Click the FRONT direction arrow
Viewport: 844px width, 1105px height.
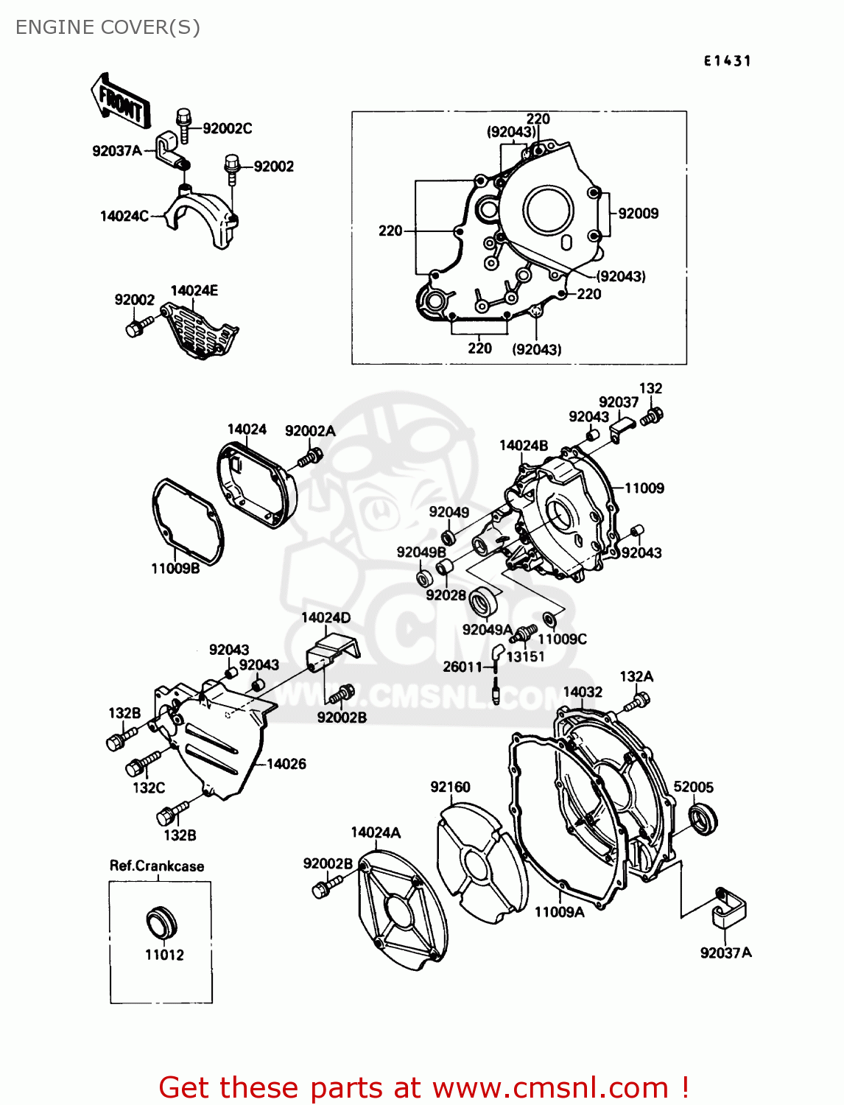tap(121, 102)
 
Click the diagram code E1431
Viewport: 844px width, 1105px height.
tap(727, 61)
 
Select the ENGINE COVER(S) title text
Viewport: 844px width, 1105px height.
tap(108, 27)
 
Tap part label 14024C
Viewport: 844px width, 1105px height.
tap(124, 216)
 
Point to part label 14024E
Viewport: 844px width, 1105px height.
tap(194, 290)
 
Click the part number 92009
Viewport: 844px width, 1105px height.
tap(638, 214)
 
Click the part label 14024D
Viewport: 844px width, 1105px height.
tap(326, 617)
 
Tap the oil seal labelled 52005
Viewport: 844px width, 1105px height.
tap(703, 819)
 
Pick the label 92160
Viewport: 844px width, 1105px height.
tap(450, 787)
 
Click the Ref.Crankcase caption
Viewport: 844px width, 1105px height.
tap(157, 866)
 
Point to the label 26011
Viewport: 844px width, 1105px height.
tap(462, 667)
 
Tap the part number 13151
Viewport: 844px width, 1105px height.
tap(525, 656)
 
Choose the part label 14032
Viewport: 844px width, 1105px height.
tap(583, 692)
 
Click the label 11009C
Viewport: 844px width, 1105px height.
tap(562, 639)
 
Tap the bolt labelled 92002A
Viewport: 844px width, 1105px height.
tap(309, 457)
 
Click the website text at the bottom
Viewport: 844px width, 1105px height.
tap(423, 1087)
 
